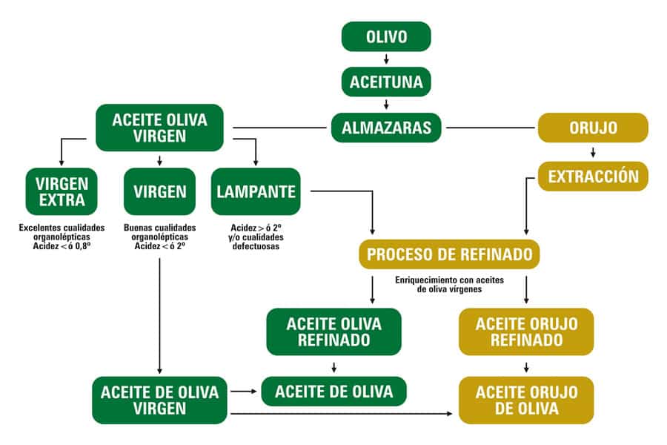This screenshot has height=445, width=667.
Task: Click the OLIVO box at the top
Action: click(x=385, y=36)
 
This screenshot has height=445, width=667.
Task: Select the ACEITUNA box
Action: click(x=385, y=82)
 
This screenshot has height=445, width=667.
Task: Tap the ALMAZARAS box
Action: click(x=385, y=127)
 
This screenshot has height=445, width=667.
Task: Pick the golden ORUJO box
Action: click(x=592, y=128)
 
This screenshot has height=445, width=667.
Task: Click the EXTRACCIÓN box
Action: click(x=592, y=177)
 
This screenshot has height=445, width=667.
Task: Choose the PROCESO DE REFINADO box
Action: click(x=449, y=254)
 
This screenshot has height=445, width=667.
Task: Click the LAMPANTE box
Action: click(x=256, y=191)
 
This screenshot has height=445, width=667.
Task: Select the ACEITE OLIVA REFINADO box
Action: click(x=333, y=332)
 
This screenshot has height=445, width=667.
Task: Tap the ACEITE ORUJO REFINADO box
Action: click(x=526, y=332)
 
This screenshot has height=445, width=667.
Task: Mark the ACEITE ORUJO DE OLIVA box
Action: click(x=526, y=400)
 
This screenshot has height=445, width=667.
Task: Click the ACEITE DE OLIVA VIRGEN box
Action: click(x=159, y=400)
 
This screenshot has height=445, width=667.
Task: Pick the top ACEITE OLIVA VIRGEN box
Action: click(x=159, y=128)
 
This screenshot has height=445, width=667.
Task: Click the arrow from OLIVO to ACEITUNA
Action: click(x=385, y=59)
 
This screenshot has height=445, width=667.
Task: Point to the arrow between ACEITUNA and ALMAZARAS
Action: click(x=385, y=104)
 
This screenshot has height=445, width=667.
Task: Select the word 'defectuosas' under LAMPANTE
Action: click(x=256, y=246)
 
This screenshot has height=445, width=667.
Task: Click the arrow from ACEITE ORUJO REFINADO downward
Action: click(x=526, y=366)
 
